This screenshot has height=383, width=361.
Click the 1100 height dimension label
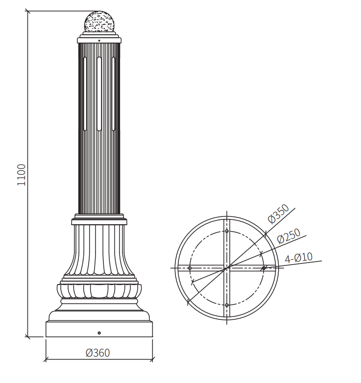21,175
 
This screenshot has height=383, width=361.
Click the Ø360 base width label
97,353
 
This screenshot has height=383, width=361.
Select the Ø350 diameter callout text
278,214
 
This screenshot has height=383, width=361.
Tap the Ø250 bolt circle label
289,236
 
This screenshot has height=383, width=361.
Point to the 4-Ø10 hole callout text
298,258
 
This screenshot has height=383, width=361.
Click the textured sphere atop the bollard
99,21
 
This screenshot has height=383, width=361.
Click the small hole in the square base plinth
99,333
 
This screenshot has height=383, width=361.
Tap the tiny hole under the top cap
99,41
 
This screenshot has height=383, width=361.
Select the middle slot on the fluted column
99,94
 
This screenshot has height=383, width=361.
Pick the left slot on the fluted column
85,94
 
